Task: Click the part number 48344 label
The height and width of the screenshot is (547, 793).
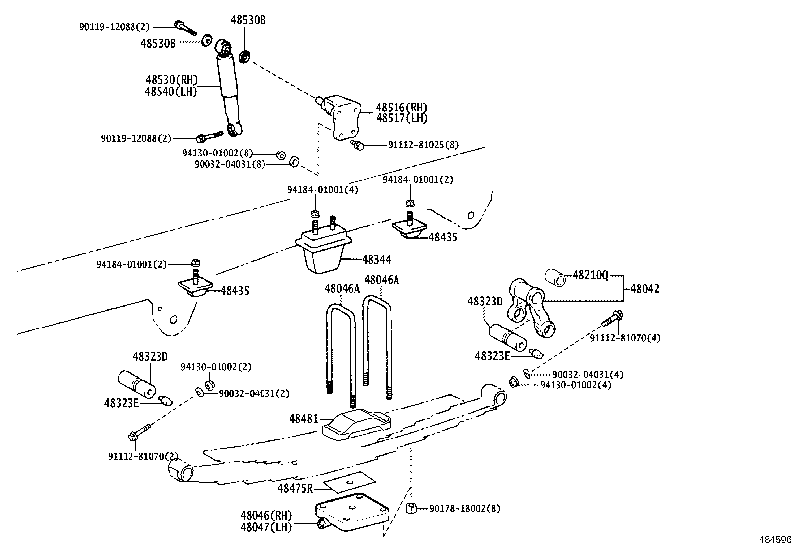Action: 377,260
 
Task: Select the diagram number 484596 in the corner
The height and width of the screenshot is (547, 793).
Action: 775,540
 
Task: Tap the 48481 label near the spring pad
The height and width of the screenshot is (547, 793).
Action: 303,419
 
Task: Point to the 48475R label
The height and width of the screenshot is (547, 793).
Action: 295,488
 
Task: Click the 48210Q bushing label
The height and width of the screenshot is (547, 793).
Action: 590,275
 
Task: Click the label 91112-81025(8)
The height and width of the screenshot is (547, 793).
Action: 423,145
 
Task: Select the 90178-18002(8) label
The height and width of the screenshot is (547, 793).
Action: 465,509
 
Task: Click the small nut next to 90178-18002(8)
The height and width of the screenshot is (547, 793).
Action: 411,508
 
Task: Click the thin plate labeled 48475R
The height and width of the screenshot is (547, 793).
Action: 348,481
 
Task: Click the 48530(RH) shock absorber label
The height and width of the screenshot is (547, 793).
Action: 171,80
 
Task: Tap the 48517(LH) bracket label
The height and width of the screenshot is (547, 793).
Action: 401,118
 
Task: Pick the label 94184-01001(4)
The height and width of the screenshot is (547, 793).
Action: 322,190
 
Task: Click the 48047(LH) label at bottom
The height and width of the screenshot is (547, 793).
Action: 266,527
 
